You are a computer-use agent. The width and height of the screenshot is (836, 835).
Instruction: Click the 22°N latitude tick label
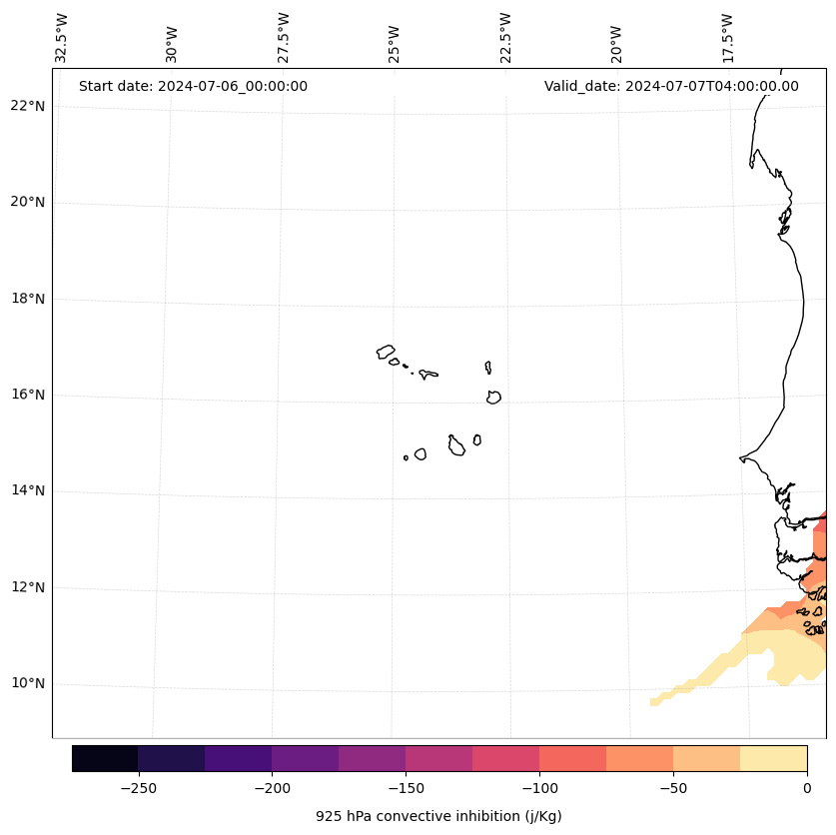(27, 106)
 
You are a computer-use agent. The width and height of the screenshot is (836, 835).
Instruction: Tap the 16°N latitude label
(27, 395)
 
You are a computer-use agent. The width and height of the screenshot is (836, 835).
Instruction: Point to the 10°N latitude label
(27, 684)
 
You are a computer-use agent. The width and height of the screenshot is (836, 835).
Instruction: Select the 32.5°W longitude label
(62, 38)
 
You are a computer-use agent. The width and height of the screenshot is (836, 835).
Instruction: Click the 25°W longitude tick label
(395, 44)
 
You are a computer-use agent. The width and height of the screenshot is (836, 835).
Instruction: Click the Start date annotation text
(193, 86)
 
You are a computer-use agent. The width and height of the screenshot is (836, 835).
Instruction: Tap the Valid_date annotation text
(671, 86)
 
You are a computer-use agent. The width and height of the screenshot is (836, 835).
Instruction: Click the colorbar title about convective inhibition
(438, 816)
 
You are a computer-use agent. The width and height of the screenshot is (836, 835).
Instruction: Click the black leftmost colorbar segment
(105, 758)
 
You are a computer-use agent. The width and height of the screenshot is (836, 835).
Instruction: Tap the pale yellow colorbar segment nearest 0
(773, 758)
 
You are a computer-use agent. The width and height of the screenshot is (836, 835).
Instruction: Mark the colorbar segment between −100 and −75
(572, 758)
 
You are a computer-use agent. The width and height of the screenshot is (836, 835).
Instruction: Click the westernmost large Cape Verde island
(386, 352)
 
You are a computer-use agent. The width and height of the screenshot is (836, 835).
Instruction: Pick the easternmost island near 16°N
(493, 398)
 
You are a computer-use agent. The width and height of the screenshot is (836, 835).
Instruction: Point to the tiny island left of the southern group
(406, 457)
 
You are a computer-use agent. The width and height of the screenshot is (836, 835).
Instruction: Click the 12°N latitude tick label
(27, 587)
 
